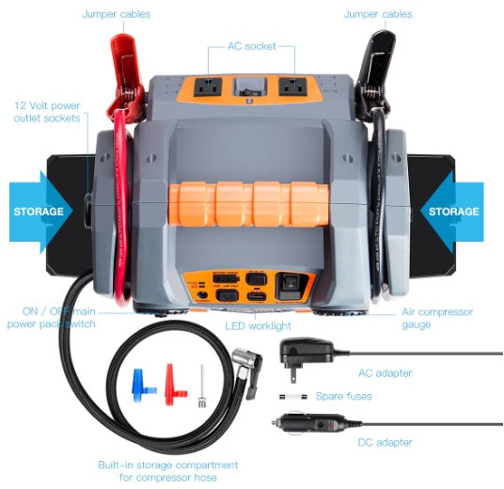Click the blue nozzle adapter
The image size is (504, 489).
(x=142, y=385)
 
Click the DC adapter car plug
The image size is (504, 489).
(x=315, y=425)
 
